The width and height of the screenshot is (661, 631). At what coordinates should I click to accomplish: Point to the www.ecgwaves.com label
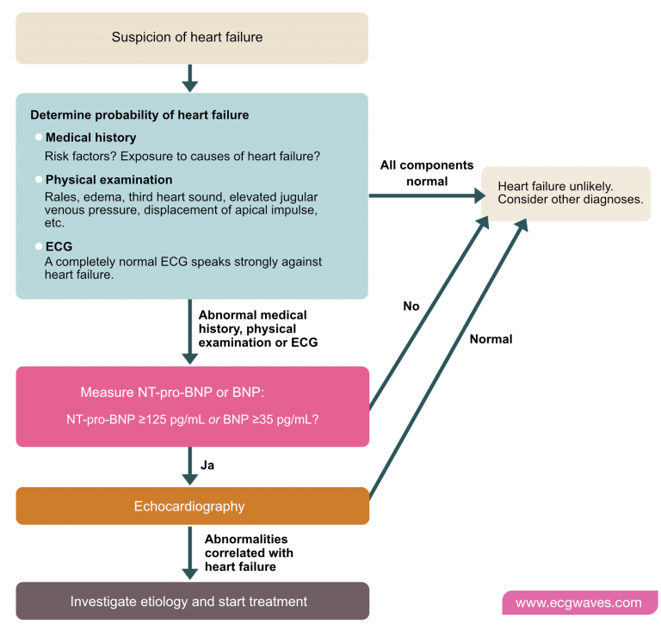tap(579, 603)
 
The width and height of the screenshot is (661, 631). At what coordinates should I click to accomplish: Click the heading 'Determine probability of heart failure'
tap(140, 114)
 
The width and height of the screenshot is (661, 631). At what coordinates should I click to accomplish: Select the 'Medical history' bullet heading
tap(90, 137)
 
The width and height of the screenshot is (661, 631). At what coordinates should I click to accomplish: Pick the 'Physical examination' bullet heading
tap(108, 180)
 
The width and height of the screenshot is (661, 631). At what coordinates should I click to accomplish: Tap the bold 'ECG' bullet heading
tap(59, 245)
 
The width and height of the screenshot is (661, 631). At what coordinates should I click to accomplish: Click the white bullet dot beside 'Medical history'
tap(38, 137)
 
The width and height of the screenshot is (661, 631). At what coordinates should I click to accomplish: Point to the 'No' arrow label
tap(411, 306)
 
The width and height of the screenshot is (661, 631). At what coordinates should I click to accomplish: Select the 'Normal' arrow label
tap(491, 339)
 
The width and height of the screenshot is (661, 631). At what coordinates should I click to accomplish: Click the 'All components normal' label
tap(427, 173)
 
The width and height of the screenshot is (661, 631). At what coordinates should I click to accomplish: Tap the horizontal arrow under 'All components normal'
tap(426, 195)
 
